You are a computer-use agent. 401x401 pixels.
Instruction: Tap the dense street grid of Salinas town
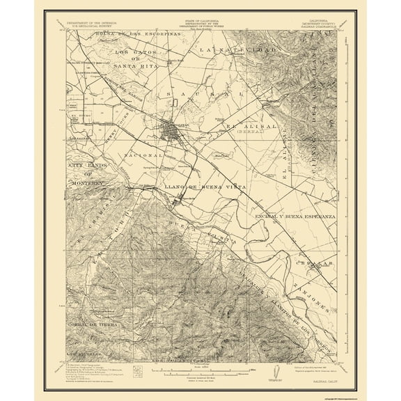click(170, 130)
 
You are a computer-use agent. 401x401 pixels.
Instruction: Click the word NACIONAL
click(143, 155)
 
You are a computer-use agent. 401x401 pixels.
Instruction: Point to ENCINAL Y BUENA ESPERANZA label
click(298, 217)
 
